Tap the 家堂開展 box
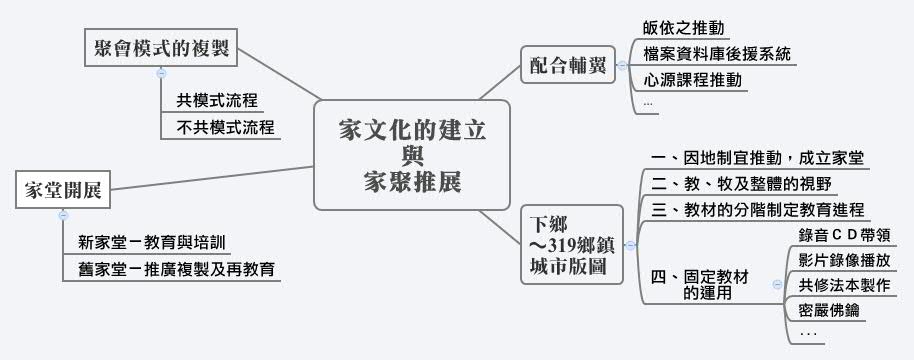[62, 190]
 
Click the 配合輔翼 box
[568, 66]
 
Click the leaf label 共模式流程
[217, 100]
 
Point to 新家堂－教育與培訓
[151, 242]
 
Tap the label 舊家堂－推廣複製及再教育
[177, 269]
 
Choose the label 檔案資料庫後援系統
[718, 54]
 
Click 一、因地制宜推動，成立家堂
[757, 157]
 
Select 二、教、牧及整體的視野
[740, 184]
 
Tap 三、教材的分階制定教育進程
[757, 210]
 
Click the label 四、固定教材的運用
[700, 284]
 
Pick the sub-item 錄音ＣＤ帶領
[844, 236]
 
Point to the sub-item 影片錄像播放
[844, 260]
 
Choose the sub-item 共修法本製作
[844, 286]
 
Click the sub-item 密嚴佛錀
[829, 311]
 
